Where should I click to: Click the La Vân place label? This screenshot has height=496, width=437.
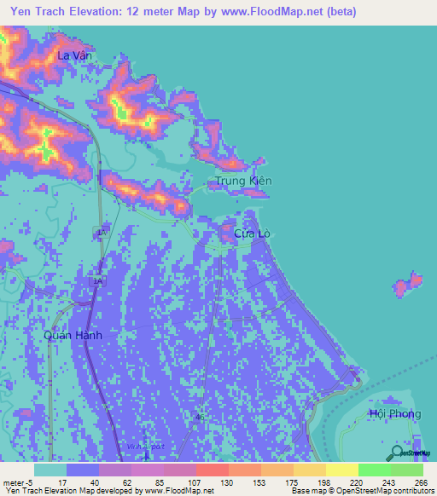click(73, 55)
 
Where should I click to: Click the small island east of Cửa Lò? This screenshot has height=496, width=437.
click(407, 285)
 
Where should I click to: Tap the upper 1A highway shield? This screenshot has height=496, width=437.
click(102, 232)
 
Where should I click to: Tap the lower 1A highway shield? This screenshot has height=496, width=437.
click(98, 279)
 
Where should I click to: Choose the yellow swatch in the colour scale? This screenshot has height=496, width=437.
click(341, 470)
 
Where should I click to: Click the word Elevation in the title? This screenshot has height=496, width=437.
click(96, 12)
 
